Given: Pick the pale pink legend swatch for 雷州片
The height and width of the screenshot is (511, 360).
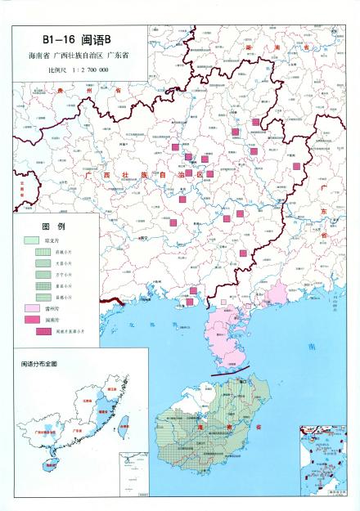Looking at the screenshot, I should (32, 309).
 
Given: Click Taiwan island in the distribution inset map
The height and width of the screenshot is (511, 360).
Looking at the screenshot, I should (124, 426).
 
